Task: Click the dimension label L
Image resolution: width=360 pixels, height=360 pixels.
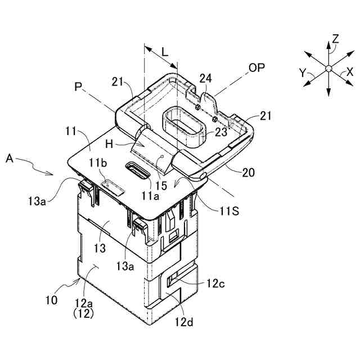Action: [164, 51]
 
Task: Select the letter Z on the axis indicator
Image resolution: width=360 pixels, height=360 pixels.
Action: [335, 38]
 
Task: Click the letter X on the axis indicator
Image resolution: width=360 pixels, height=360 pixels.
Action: [350, 73]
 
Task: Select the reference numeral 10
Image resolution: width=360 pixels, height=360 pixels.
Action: [51, 300]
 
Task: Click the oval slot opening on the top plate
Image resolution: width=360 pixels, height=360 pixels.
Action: [137, 170]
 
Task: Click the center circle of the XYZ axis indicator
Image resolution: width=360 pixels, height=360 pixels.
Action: [328, 69]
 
